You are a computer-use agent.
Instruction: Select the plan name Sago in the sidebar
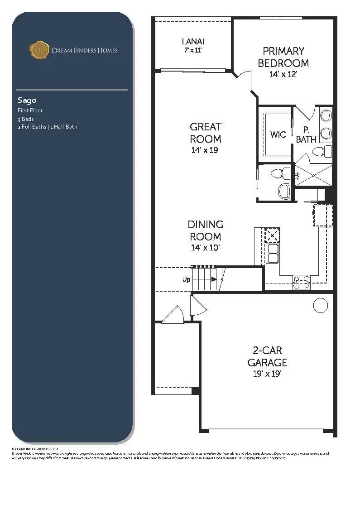pos(27,100)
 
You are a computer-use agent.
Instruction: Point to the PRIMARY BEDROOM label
pos(283,57)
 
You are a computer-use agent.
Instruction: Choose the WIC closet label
pos(278,134)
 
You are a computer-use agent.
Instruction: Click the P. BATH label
pos(306,135)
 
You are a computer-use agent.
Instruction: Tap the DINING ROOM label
pos(205,230)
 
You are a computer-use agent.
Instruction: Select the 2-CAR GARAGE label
pos(267,356)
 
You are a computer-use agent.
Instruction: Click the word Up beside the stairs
pos(186,279)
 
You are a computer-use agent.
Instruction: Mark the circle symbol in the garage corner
pos(321,306)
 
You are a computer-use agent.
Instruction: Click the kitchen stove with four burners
pos(302,282)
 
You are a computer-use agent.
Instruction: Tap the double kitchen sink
pos(273,254)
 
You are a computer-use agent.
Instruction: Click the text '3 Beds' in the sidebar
pos(25,119)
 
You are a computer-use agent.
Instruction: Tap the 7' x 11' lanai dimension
pos(192,50)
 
